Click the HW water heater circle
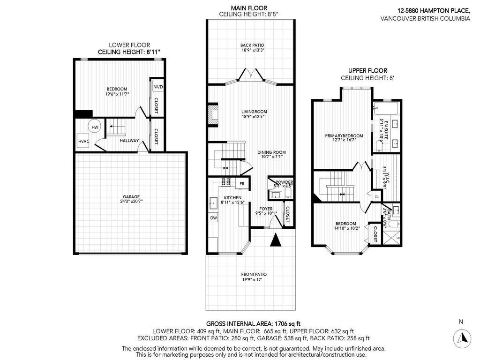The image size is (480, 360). [x=95, y=127]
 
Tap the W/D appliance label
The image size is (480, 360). [x=158, y=87]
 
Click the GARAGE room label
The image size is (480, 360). [x=132, y=197]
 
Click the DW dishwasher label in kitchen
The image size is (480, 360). [x=213, y=217]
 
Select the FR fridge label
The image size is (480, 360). [x=242, y=184]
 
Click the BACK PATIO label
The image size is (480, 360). [x=249, y=45]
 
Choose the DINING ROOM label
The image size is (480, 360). [x=271, y=152]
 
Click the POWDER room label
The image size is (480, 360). [x=284, y=182]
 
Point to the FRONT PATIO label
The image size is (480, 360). [x=255, y=274]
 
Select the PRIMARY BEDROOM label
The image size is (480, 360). [x=342, y=136]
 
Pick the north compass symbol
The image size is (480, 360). [x=462, y=338]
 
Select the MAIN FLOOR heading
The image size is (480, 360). [x=249, y=8]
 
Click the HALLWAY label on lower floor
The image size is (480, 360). [x=129, y=140]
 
